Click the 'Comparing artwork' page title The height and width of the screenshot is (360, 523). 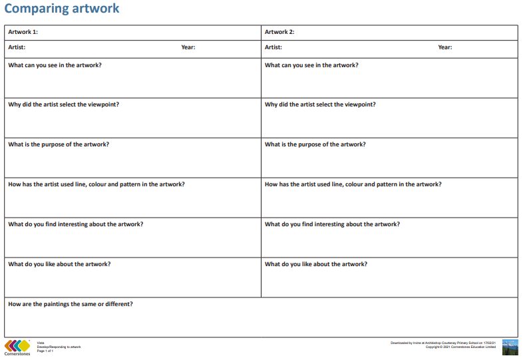pyautogui.click(x=62, y=9)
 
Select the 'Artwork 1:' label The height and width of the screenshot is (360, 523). pyautogui.click(x=23, y=32)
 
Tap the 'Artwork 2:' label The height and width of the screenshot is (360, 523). pyautogui.click(x=279, y=32)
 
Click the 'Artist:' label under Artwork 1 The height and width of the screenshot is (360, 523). pyautogui.click(x=17, y=47)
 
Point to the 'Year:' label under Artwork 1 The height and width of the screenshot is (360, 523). pyautogui.click(x=188, y=47)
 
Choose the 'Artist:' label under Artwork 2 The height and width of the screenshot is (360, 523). pyautogui.click(x=273, y=47)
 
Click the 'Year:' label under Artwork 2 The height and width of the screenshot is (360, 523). pyautogui.click(x=445, y=47)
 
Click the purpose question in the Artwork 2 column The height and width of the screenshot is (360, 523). pyautogui.click(x=315, y=144)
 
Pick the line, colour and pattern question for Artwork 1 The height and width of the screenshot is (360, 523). pyautogui.click(x=96, y=184)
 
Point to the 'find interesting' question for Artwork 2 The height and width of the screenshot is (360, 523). pyautogui.click(x=332, y=224)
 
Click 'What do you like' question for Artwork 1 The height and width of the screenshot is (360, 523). pyautogui.click(x=59, y=264)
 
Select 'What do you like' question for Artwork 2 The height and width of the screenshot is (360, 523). pyautogui.click(x=316, y=264)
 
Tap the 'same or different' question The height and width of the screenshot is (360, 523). pyautogui.click(x=71, y=304)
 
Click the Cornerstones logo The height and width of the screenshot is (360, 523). pyautogui.click(x=17, y=347)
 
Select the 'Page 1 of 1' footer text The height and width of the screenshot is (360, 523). pyautogui.click(x=45, y=351)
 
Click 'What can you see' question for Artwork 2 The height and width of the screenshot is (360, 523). pyautogui.click(x=311, y=65)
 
